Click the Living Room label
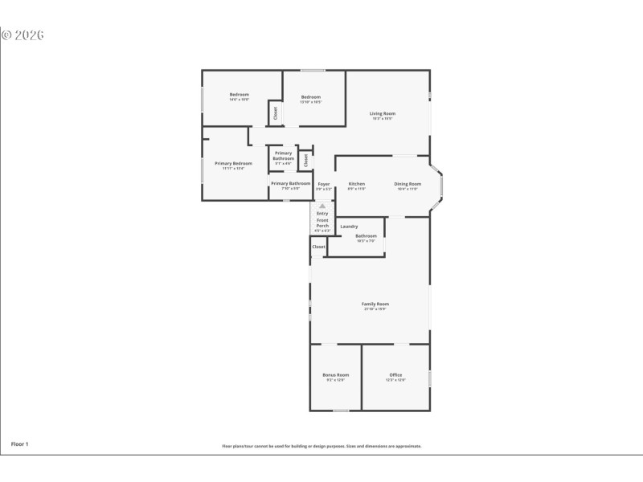[383, 113]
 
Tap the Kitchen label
[357, 184]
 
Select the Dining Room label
[408, 184]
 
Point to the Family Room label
[375, 304]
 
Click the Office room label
[395, 375]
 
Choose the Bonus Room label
[335, 375]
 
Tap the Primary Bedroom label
[234, 163]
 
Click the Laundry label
[349, 227]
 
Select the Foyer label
[324, 184]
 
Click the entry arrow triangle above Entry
[322, 206]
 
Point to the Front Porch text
[322, 223]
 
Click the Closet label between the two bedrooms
[274, 113]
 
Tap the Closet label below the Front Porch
[319, 247]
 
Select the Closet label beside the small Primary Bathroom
[305, 160]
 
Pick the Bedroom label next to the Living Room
[311, 97]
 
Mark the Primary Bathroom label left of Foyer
[290, 183]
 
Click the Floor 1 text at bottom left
[19, 443]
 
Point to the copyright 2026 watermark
[23, 35]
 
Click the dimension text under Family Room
[375, 309]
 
